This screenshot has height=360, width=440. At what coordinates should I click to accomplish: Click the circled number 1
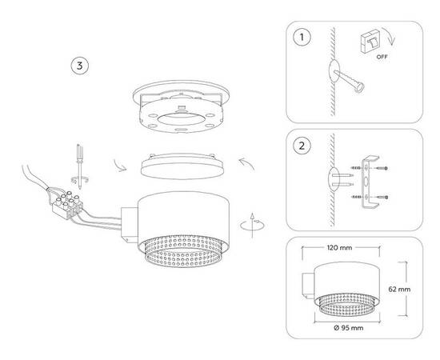(x=302, y=37)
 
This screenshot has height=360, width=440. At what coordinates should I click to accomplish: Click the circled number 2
(x=302, y=146)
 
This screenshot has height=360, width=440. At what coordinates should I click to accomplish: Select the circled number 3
(x=78, y=65)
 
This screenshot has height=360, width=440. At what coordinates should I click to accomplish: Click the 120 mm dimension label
(x=339, y=249)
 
